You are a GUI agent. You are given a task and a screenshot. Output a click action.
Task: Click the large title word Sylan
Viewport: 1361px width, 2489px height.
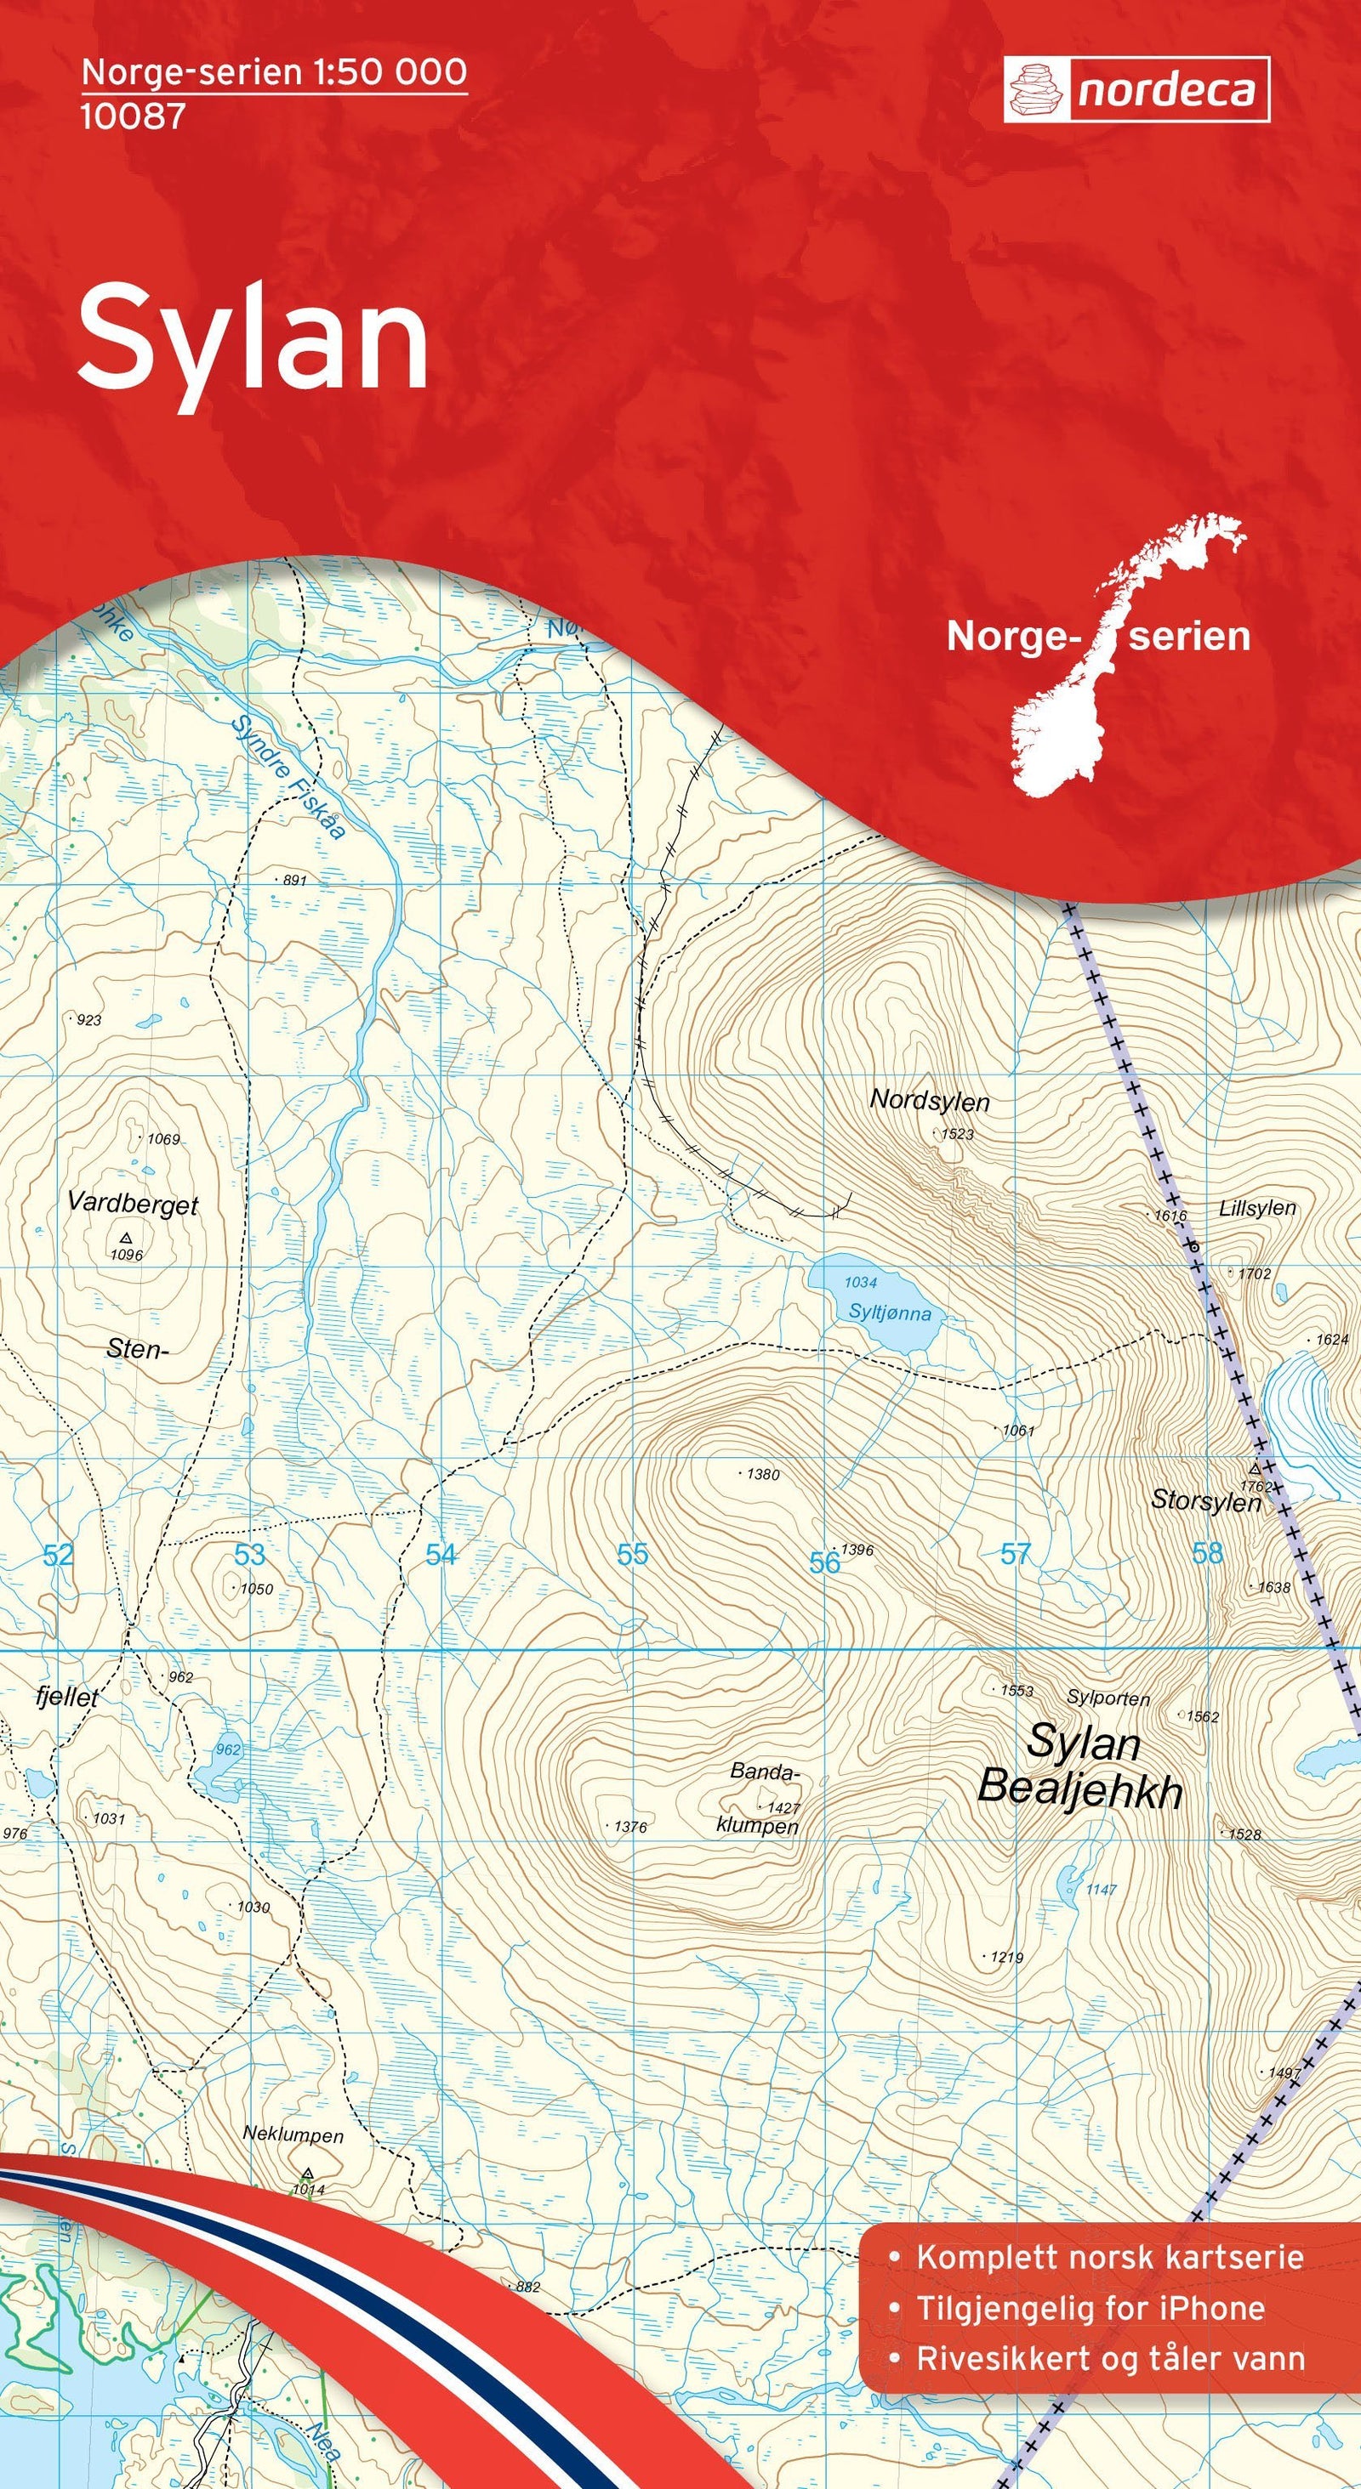[x=253, y=337]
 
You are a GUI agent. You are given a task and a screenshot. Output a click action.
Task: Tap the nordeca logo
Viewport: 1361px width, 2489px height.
[x=1136, y=90]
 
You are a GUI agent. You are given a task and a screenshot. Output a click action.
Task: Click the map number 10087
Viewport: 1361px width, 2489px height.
[x=133, y=116]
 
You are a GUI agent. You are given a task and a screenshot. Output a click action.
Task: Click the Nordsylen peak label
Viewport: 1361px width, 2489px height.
[x=929, y=1100]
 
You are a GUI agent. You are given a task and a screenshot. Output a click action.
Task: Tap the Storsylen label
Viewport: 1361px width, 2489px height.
[x=1205, y=1500]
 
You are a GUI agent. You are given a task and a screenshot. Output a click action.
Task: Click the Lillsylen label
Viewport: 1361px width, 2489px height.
[x=1256, y=1208]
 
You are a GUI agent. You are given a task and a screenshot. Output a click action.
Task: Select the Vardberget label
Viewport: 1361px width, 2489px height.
[x=133, y=1204]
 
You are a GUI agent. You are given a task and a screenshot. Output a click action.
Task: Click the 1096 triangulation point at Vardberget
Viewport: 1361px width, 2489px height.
[x=126, y=1238]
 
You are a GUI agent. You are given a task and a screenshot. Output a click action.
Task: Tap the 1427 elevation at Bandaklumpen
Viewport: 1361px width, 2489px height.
[x=781, y=1807]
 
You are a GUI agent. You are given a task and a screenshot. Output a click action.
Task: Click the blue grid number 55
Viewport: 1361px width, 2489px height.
[x=632, y=1554]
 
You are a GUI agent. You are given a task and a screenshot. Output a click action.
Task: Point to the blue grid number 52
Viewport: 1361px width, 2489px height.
[x=58, y=1555]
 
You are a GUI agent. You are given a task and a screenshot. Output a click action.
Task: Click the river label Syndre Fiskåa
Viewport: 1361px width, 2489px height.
[x=289, y=779]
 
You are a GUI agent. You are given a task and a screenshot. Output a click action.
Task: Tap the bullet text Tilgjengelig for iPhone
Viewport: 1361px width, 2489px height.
[x=1091, y=2300]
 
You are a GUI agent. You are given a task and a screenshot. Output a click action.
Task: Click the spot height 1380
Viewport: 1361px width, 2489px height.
[x=761, y=1475]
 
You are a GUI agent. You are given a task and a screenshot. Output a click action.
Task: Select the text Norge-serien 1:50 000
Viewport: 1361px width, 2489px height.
[x=275, y=72]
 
